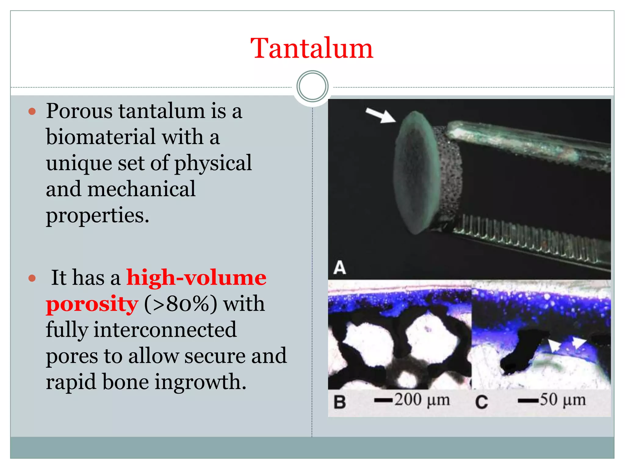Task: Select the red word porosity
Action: pyautogui.click(x=92, y=304)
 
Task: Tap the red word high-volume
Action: pyautogui.click(x=196, y=278)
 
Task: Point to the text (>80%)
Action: pyautogui.click(x=181, y=304)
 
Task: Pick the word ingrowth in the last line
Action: pyautogui.click(x=200, y=382)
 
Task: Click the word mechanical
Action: pyautogui.click(x=142, y=189)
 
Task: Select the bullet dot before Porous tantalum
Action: pyautogui.click(x=32, y=111)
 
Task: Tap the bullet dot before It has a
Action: pyautogui.click(x=32, y=278)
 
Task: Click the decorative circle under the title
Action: pyautogui.click(x=312, y=86)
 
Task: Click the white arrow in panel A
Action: pyautogui.click(x=380, y=115)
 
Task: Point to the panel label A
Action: pyautogui.click(x=340, y=268)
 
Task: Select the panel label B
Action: pyautogui.click(x=340, y=402)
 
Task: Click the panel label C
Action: pyautogui.click(x=481, y=402)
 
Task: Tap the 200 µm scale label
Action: pyautogui.click(x=422, y=400)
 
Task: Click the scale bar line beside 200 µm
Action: pyautogui.click(x=383, y=400)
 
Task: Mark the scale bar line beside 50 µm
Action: pyautogui.click(x=528, y=401)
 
